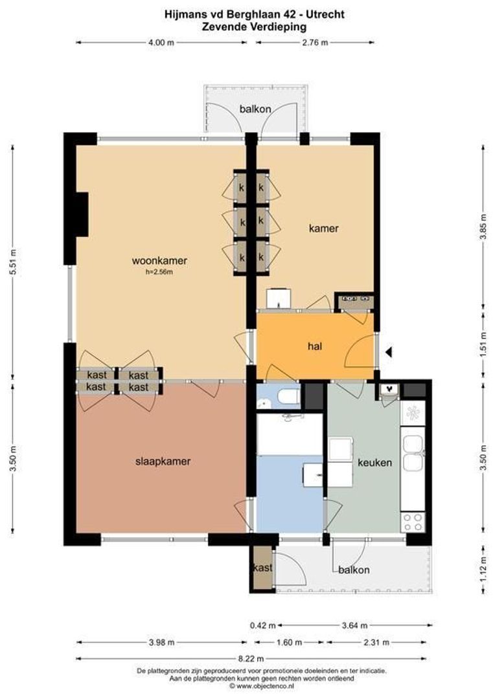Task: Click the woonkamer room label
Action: click(159, 261)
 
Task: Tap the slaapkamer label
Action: click(163, 461)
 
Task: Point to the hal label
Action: click(315, 346)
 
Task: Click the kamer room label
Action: click(323, 228)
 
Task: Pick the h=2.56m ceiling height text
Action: click(159, 272)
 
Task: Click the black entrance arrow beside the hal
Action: click(389, 353)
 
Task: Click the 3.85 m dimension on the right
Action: click(483, 226)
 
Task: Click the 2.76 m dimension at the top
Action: click(314, 43)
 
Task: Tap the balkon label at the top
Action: click(255, 109)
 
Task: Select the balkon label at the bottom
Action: click(354, 570)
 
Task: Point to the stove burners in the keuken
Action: click(412, 522)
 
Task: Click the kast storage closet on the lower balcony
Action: click(262, 568)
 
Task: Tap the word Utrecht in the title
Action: click(326, 13)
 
